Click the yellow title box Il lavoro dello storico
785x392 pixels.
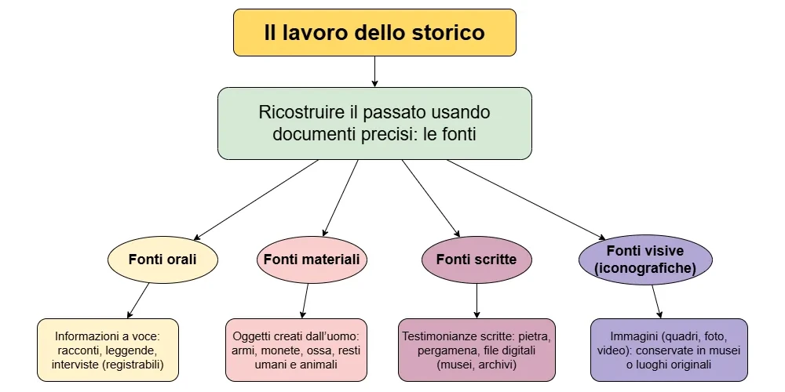374,32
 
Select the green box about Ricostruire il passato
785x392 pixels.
374,123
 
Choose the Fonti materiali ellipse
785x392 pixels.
312,259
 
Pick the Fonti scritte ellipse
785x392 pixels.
476,259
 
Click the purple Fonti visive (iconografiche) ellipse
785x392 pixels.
645,259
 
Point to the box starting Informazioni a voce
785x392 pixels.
108,350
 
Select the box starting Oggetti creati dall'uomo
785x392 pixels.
296,350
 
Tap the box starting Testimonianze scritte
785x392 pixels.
476,350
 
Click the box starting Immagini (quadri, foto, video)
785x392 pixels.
668,350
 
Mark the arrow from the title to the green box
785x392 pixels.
374,71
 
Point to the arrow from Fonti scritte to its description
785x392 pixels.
476,301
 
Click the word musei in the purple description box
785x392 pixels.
723,350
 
